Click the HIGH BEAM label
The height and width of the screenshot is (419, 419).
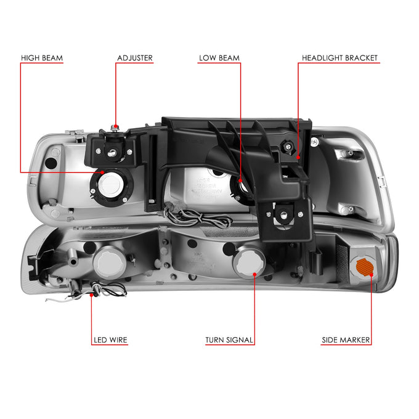coord(42,58)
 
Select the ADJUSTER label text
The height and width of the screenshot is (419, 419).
coord(135,58)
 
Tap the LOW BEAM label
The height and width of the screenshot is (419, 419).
coord(219,58)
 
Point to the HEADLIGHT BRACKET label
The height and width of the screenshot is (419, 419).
coord(340,58)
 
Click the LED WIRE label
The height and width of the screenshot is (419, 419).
coord(110,340)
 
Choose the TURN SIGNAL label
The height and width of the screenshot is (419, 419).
coord(229,340)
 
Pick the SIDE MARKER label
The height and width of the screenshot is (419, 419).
coord(346,340)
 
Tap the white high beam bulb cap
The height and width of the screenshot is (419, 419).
coord(111,185)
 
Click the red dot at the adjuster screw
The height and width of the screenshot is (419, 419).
coord(116,126)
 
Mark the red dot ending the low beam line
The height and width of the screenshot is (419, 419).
coord(240,181)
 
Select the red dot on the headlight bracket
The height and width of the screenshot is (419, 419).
coord(298,157)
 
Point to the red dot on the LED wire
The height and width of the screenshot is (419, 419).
coord(91,295)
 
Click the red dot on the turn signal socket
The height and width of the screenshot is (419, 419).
coord(254,274)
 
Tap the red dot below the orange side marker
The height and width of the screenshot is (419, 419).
coord(371,275)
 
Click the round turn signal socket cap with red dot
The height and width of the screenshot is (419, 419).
coord(249,262)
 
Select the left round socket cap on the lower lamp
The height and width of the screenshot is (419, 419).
coord(110,262)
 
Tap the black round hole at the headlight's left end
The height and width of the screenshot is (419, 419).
coord(51,163)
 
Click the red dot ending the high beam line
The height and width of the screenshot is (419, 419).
coord(102,173)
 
